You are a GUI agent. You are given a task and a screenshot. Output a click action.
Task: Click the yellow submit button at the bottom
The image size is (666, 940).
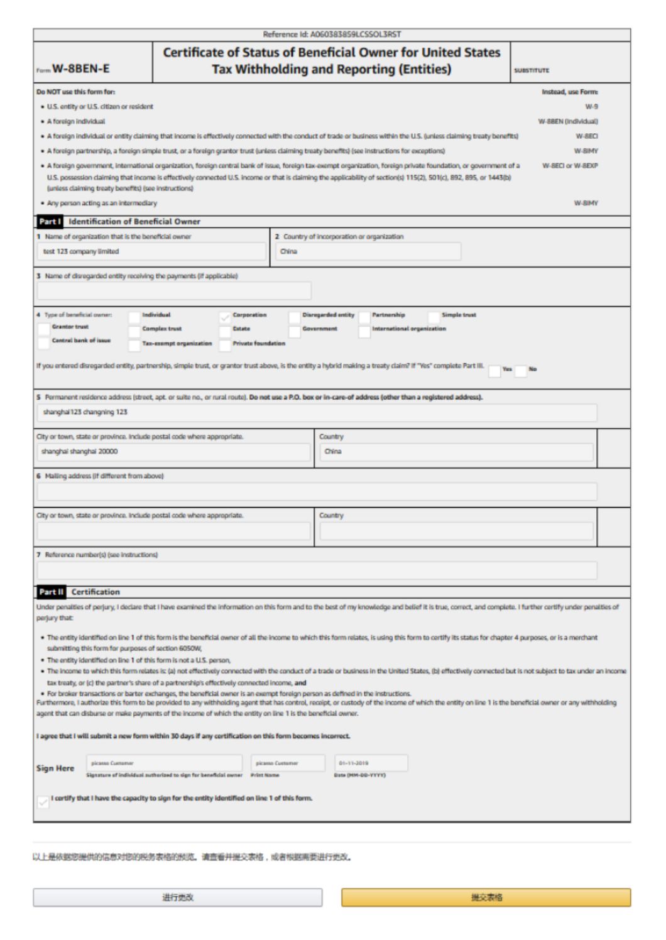point(486,897)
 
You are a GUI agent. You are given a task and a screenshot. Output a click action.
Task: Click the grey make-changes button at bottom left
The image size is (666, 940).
point(178,897)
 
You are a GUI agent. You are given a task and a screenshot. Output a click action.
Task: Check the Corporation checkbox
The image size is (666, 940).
point(225,317)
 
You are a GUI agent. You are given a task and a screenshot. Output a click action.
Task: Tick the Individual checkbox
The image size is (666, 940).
point(134,317)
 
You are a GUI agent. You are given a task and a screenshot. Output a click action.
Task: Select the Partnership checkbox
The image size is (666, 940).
point(364,317)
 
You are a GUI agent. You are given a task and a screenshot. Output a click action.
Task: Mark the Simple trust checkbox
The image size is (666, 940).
point(434,317)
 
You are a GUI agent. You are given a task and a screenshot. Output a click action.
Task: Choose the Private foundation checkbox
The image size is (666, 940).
point(225,345)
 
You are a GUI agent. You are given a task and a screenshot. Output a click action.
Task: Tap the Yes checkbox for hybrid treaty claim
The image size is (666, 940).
point(494,371)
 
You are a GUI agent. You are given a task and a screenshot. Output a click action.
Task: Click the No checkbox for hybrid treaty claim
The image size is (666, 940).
point(521,371)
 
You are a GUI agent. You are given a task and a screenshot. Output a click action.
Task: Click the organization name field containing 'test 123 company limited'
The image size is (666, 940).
point(151,252)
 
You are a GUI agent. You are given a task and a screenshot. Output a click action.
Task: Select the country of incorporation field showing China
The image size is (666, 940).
point(368,252)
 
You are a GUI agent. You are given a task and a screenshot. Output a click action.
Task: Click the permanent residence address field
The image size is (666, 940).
point(317,413)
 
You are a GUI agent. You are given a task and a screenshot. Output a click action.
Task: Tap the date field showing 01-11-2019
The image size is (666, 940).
point(371,763)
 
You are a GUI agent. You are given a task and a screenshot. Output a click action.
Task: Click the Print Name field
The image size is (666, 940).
point(288,763)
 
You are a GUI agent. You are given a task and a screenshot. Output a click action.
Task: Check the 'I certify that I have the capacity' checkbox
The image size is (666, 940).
point(43,802)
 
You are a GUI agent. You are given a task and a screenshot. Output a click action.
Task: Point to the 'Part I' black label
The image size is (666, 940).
point(50,222)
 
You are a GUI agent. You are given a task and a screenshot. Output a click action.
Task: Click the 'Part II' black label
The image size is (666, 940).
point(51,592)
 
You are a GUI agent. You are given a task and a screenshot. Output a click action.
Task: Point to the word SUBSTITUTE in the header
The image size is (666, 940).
point(532,71)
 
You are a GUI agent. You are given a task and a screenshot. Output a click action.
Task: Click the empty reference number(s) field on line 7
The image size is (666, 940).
point(317,571)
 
